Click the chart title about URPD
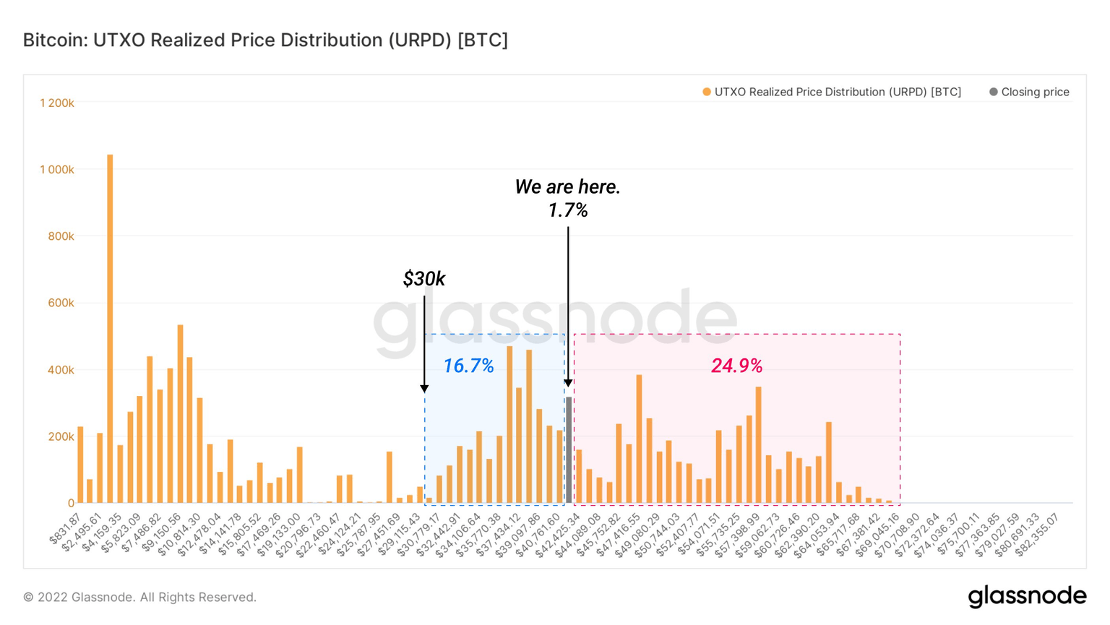click(x=265, y=40)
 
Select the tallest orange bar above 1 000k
click(x=110, y=329)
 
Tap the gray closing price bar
click(x=569, y=449)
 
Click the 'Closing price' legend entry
click(x=1029, y=92)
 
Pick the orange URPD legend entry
click(x=831, y=92)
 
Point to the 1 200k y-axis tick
click(x=57, y=103)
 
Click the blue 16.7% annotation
click(x=468, y=366)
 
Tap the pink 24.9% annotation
click(x=736, y=366)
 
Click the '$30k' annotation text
click(x=424, y=279)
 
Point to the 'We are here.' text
click(x=567, y=187)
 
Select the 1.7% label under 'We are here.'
click(x=567, y=210)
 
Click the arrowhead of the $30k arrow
click(x=424, y=389)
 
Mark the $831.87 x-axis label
click(x=66, y=529)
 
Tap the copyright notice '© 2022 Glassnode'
click(x=139, y=598)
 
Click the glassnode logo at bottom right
click(x=1027, y=596)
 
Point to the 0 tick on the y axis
click(x=71, y=504)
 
